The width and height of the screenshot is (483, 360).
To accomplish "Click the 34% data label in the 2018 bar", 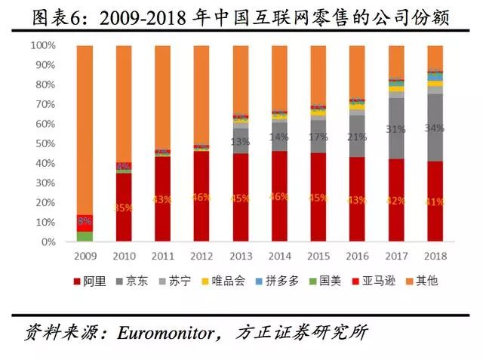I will coord(435,128).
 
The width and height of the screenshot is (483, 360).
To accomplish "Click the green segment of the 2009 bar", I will coord(85,237).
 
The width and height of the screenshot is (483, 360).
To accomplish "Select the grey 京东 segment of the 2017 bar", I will coord(396,128).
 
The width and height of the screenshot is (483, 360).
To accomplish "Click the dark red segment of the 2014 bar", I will coord(280,196).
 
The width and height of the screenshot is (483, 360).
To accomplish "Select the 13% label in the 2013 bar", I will coord(241,141).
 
